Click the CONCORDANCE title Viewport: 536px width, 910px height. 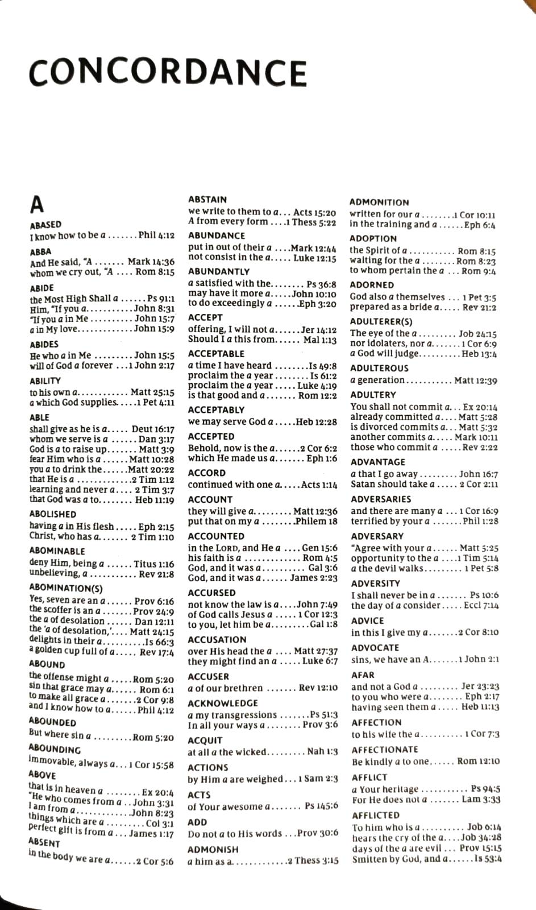point(168,73)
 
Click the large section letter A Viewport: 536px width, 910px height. point(37,204)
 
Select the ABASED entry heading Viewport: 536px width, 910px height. point(45,225)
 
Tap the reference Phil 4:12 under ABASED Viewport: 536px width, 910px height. point(156,235)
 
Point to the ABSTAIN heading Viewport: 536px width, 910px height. point(207,200)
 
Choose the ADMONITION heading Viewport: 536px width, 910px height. point(379,202)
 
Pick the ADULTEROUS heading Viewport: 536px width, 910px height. point(379,369)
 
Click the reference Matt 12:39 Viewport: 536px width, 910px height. point(476,380)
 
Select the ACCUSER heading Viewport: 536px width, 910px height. point(208,677)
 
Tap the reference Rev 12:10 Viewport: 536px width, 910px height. point(318,688)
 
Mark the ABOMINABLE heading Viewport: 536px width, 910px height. point(57,551)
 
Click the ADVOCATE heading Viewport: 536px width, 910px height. point(375,648)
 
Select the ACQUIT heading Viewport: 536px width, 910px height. point(205,741)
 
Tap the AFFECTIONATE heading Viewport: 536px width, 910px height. point(385,750)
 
